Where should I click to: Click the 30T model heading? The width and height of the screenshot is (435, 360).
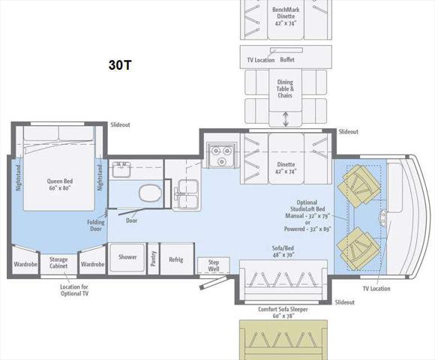click(x=120, y=65)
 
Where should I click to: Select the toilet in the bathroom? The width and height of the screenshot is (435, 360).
click(x=151, y=193)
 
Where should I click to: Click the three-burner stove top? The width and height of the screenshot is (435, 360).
click(x=222, y=154)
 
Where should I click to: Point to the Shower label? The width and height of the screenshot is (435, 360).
click(x=127, y=256)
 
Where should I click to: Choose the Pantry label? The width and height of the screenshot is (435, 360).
click(x=153, y=259)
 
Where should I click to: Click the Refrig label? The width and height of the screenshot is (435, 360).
click(x=176, y=259)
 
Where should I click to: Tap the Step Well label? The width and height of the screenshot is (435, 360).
click(x=214, y=265)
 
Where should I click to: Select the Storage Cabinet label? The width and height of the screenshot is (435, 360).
click(x=58, y=262)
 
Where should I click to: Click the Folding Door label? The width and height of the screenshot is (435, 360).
click(x=96, y=226)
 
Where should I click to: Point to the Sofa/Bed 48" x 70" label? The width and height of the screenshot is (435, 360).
click(x=283, y=251)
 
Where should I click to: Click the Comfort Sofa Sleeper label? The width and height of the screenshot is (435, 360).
click(x=283, y=312)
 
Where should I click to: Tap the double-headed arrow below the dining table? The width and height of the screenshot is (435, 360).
click(x=286, y=119)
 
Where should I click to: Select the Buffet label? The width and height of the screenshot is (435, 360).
click(x=287, y=60)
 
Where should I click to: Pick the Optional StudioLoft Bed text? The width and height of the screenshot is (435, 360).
click(x=307, y=205)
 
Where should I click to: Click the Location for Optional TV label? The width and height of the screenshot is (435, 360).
click(x=74, y=290)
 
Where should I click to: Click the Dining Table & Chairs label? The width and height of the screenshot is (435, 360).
click(x=285, y=88)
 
